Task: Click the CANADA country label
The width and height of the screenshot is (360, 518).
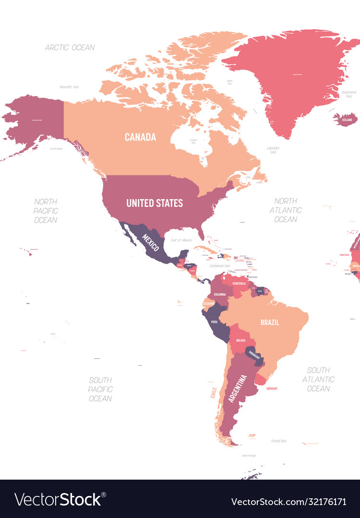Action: tap(140, 137)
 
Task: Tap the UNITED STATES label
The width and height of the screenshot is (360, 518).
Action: tap(155, 203)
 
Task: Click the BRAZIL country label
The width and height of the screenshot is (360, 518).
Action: tap(270, 322)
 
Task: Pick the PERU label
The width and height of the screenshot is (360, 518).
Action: tap(214, 321)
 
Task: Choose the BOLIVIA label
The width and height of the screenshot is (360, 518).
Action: tap(240, 341)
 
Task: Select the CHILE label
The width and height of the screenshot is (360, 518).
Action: tap(214, 393)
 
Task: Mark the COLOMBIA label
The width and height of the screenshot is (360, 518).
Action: tap(220, 294)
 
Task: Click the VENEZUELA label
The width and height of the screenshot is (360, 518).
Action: tap(239, 283)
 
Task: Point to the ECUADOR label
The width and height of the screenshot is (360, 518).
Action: tap(208, 304)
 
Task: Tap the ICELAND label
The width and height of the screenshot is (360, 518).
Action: tap(347, 119)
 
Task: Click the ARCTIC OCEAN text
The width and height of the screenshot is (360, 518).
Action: tap(70, 47)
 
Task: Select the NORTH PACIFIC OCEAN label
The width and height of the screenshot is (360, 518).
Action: tap(46, 211)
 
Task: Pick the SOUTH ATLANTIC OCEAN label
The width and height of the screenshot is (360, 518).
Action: tap(318, 379)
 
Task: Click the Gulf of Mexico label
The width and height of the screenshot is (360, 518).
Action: tap(181, 240)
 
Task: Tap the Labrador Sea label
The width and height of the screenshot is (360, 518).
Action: tap(273, 150)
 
